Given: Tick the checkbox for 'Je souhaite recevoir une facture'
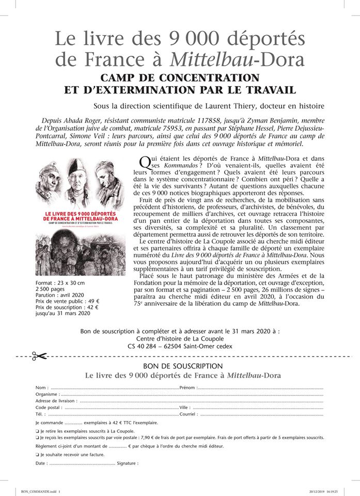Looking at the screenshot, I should pos(37,455).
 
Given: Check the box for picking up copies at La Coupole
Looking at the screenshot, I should pos(37,430).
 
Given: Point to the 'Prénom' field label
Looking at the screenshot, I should pos(188,388).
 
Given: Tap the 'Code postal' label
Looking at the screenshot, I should pos(49,408).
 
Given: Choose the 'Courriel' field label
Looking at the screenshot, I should pos(189,414).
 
